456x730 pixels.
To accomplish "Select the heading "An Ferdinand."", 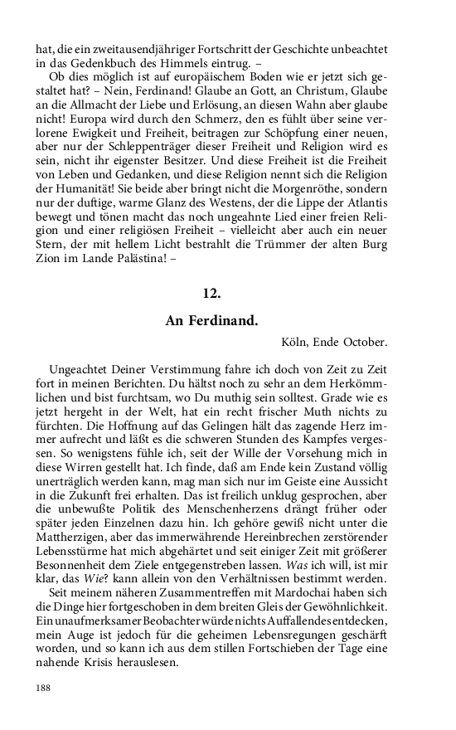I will (x=211, y=319).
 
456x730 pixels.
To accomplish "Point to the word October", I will (x=365, y=341).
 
